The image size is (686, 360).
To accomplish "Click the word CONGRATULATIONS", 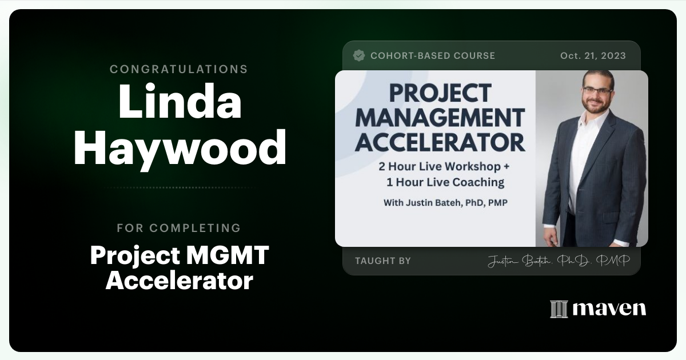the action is (x=179, y=69).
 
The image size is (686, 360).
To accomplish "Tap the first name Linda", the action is (x=180, y=101).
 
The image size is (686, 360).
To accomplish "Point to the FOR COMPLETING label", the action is (x=179, y=228).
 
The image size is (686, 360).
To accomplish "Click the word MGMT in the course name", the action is (x=228, y=255).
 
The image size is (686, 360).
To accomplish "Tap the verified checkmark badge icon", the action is (x=359, y=56).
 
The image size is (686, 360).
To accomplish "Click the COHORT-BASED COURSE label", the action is (x=433, y=56).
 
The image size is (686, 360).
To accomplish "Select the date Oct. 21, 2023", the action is (x=593, y=56).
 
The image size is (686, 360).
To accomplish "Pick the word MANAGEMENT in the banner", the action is (x=440, y=118).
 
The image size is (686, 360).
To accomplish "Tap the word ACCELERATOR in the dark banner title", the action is (x=440, y=143).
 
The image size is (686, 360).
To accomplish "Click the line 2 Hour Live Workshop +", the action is (x=444, y=166).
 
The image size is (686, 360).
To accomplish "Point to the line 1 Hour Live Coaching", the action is (x=445, y=182).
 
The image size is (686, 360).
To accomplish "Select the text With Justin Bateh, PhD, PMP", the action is (x=445, y=203).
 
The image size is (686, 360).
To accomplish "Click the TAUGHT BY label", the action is (x=383, y=261).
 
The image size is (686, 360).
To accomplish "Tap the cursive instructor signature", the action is (x=559, y=261).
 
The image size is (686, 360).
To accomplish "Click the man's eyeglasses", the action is (x=597, y=90).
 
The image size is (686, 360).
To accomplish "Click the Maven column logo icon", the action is (x=559, y=309).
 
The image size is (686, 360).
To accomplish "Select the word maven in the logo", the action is (x=609, y=309).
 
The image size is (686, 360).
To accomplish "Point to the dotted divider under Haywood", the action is (x=180, y=187).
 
